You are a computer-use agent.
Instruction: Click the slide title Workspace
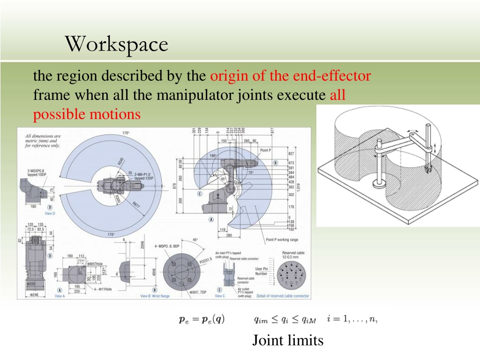[x=116, y=45]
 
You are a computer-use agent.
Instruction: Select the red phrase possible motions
[x=87, y=114]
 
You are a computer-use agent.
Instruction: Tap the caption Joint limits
[x=287, y=340]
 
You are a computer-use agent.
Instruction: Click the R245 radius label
[x=121, y=164]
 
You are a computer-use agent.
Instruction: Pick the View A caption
[x=60, y=296]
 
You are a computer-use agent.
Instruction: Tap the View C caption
[x=219, y=296]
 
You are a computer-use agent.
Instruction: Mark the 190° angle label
[x=212, y=156]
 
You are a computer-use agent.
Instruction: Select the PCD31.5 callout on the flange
[x=206, y=258]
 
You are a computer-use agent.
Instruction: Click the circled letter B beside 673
[x=276, y=163]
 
